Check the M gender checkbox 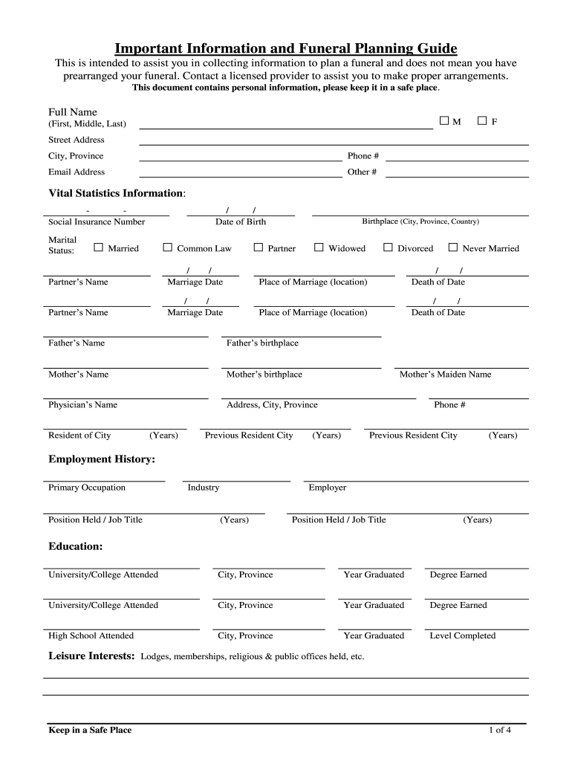point(444,120)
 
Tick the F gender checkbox point(482,120)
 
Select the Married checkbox point(98,247)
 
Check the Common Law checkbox point(167,247)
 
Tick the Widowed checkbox point(319,247)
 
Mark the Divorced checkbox point(388,247)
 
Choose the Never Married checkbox point(453,247)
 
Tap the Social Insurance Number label point(97,221)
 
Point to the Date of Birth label point(241,221)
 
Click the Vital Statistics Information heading point(117,193)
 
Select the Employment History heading point(102,459)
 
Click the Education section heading point(76,546)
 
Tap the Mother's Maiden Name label point(445,375)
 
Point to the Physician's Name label point(82,405)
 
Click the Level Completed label point(462,635)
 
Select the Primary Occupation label point(87,488)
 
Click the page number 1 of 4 point(499,730)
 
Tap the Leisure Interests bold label point(91,656)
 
